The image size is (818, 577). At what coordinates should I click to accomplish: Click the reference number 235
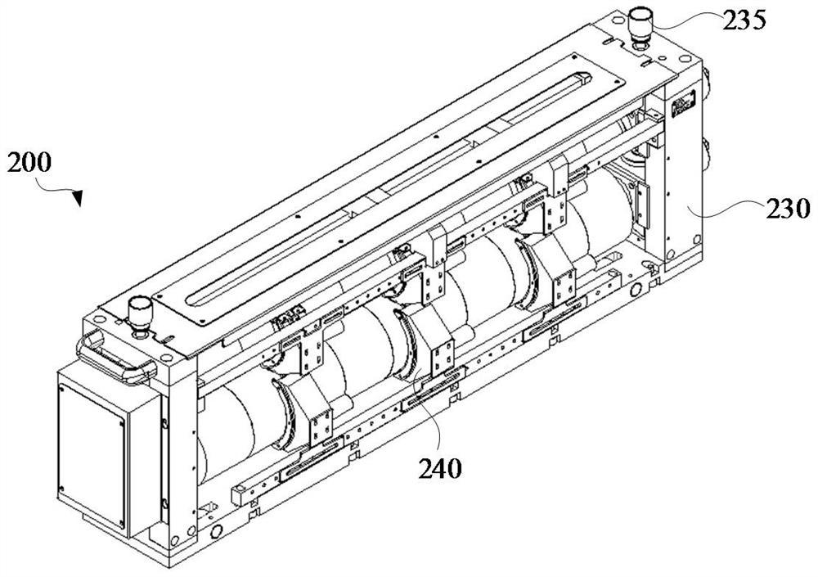pos(744,20)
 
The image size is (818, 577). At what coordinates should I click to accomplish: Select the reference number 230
pos(788,209)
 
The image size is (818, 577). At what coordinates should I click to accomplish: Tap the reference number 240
pos(440,468)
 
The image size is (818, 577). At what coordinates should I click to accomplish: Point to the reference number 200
pos(29,162)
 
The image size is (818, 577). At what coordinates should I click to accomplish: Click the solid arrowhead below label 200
pos(77,198)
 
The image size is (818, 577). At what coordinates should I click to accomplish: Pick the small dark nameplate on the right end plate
pos(683,105)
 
